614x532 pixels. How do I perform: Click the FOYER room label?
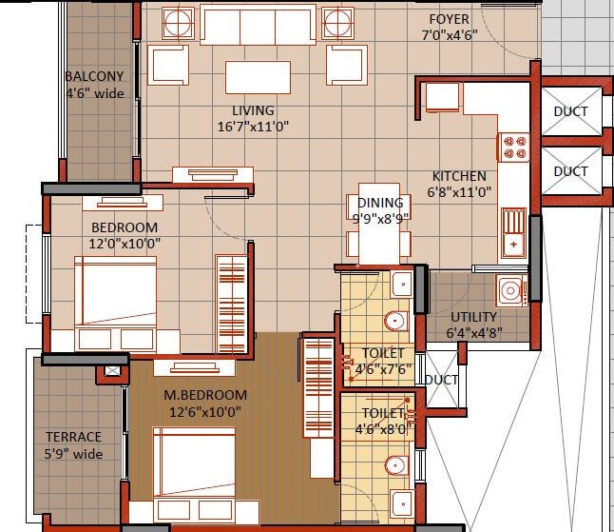point(448,19)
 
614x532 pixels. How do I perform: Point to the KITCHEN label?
point(459,176)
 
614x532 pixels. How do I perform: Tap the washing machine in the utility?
point(510,290)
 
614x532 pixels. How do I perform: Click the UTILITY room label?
point(473,317)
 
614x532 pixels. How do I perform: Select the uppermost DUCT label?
point(570,111)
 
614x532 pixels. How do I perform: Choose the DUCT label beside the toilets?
point(441,380)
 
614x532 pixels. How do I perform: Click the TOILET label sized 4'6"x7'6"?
point(382,353)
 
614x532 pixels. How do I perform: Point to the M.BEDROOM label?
point(205,395)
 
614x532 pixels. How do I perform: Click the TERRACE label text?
point(73,437)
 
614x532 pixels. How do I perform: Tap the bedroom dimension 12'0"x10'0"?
point(125,244)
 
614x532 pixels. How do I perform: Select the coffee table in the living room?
point(257,75)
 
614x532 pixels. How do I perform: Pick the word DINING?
point(380,203)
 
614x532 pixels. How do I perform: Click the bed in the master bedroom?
point(195,462)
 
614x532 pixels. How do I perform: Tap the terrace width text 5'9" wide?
point(73,454)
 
